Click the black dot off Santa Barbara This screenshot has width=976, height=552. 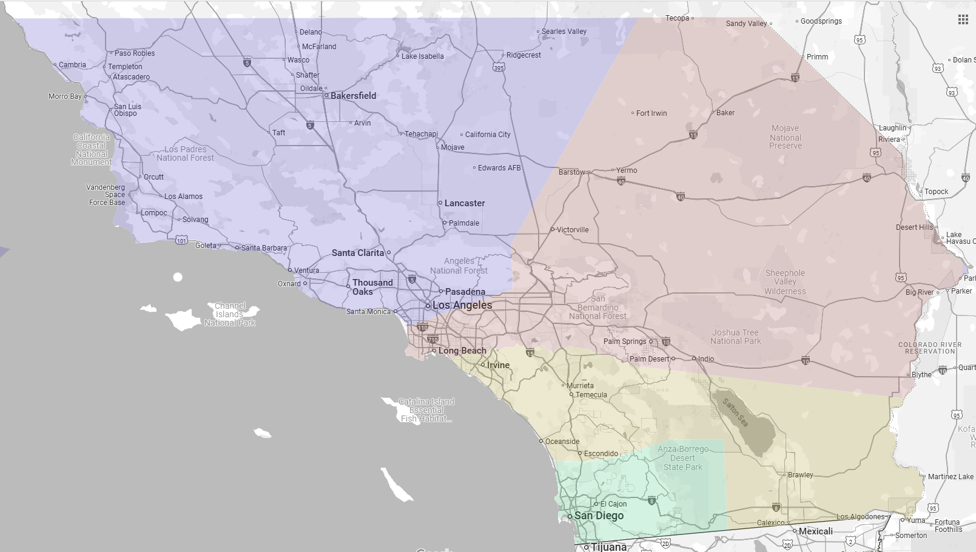point(178,277)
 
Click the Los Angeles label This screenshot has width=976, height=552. point(462,305)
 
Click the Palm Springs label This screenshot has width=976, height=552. point(624,342)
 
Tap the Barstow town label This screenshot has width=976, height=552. point(571,172)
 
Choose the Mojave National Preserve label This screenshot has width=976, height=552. point(786,137)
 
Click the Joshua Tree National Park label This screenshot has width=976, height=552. point(735,337)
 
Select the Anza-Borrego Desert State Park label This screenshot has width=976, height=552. point(682,458)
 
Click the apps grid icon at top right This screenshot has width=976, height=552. point(963,19)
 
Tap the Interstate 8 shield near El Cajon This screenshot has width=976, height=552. point(651,501)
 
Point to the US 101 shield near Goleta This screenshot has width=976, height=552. point(181,241)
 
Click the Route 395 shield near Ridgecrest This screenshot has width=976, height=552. point(499,67)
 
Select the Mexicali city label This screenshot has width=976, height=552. point(815,531)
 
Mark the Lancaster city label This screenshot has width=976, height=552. point(464,203)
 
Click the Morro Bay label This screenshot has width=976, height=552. point(65,96)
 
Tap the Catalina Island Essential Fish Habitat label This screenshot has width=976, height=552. point(426,410)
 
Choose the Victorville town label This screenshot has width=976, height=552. point(572,230)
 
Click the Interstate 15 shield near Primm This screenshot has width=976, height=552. point(795,78)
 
